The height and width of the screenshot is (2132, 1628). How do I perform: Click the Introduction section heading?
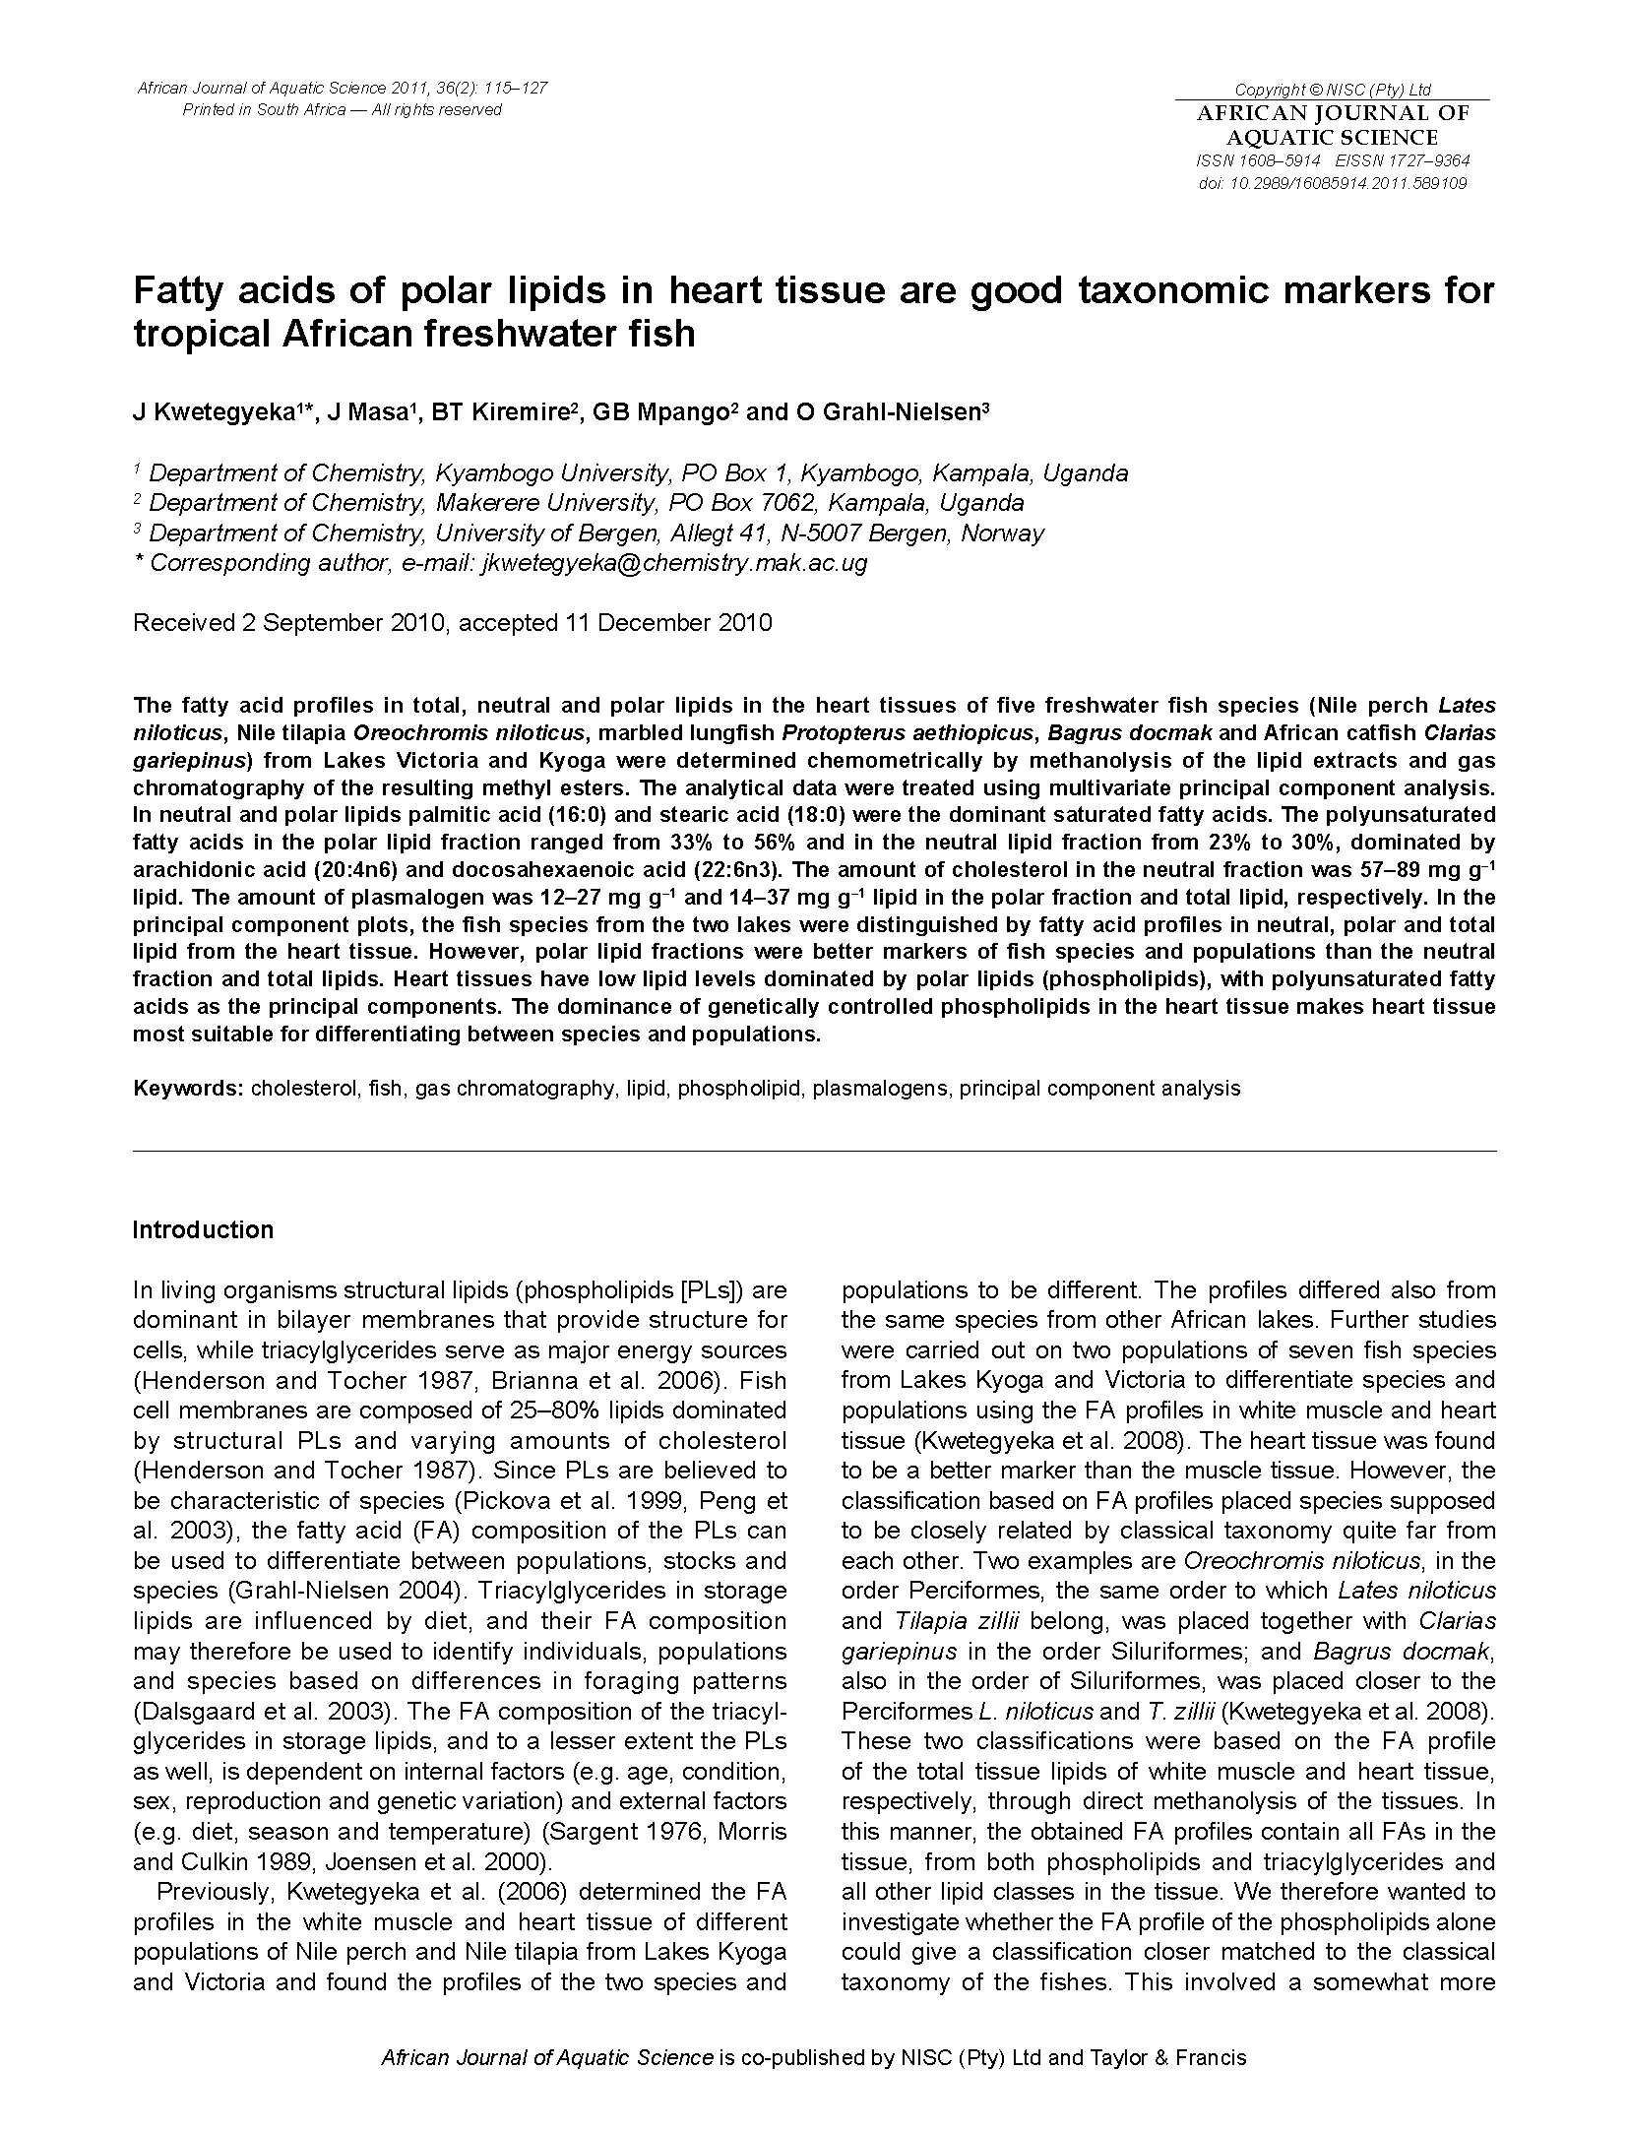click(x=203, y=1230)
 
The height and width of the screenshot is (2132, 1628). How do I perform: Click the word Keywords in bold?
click(x=188, y=1089)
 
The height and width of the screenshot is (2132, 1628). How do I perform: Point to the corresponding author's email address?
click(x=673, y=563)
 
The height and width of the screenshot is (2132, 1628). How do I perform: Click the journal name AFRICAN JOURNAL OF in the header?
click(x=1333, y=114)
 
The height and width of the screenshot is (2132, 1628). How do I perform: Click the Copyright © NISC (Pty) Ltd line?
click(x=1332, y=90)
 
